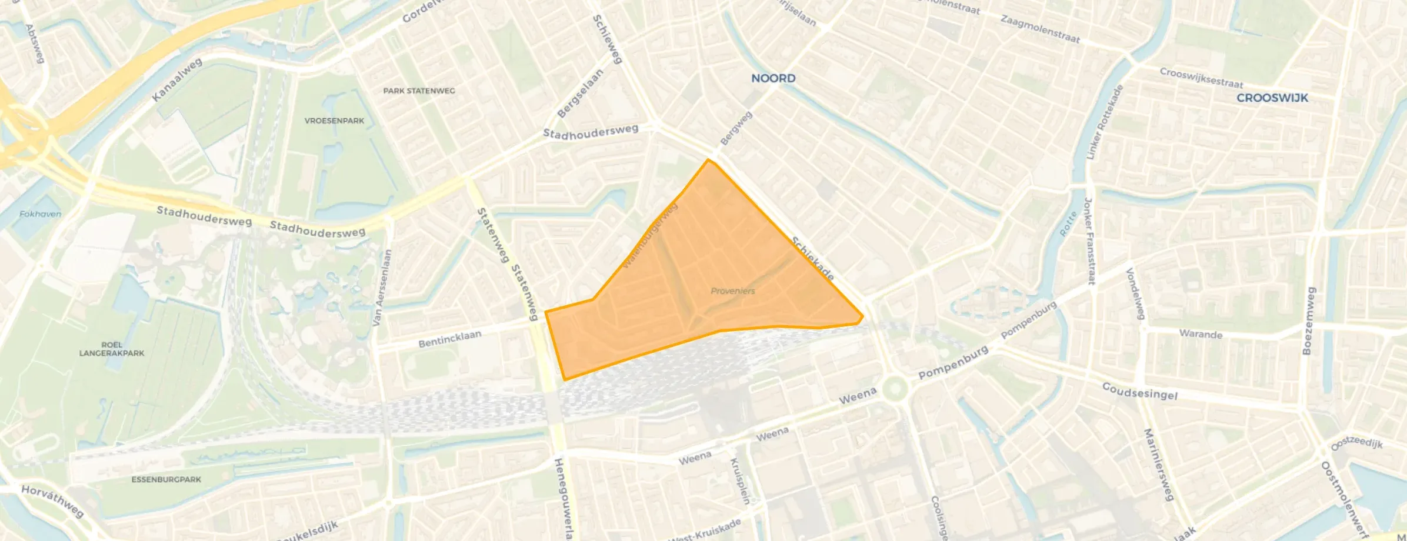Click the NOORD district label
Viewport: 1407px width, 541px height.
[773, 78]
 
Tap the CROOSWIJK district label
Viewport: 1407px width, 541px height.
[1272, 98]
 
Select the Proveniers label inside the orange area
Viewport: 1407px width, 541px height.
[732, 290]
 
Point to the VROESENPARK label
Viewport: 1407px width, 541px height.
[334, 121]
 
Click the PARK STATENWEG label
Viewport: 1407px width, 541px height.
[419, 91]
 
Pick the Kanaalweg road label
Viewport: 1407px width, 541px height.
[177, 80]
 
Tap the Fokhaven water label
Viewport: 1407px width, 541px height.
[40, 214]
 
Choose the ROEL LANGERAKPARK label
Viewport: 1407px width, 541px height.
[112, 349]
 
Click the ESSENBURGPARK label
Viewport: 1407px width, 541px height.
[166, 479]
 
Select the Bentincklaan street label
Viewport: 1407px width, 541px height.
[450, 339]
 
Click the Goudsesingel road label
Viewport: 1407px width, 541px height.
[1139, 391]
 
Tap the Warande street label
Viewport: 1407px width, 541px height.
[1201, 334]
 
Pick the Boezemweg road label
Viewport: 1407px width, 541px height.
[1309, 320]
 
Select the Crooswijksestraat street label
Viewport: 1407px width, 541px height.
[1201, 78]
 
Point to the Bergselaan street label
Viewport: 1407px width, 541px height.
[580, 93]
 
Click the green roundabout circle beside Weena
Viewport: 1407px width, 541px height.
[895, 388]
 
